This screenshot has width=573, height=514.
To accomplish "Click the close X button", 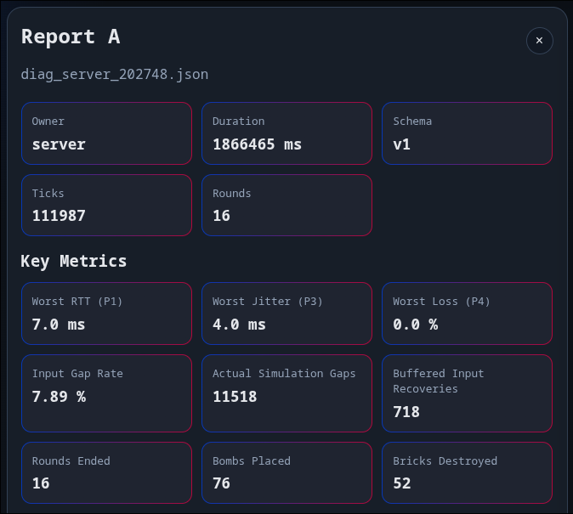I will [x=539, y=40].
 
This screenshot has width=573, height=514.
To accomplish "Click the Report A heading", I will [x=71, y=37].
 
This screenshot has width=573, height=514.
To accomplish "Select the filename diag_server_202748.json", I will [x=115, y=74].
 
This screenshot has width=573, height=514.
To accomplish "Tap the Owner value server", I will [x=59, y=144].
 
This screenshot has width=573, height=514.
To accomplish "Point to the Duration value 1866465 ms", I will [x=257, y=144].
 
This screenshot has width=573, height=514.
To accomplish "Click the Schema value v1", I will [x=401, y=144].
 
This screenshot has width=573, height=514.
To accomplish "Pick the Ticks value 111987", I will [x=59, y=216].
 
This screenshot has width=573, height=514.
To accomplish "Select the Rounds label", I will [x=231, y=193].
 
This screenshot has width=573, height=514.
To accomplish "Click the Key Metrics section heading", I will [x=74, y=261].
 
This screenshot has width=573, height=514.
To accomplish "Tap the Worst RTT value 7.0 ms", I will [x=59, y=325].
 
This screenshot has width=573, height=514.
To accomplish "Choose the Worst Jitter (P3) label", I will [x=267, y=302].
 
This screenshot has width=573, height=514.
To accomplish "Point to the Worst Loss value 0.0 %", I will [x=415, y=325].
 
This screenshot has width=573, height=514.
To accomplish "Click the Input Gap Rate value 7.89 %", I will [x=59, y=396].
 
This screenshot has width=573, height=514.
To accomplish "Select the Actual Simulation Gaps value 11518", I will [x=235, y=396].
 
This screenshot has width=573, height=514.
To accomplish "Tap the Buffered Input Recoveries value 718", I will [x=406, y=412].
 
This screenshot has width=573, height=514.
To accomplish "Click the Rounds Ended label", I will [x=71, y=460].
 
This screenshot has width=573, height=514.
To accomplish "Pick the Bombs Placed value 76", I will [x=221, y=483].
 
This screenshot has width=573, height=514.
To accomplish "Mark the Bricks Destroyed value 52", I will [x=401, y=483].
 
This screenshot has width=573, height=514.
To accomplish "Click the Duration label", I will [x=238, y=121].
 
